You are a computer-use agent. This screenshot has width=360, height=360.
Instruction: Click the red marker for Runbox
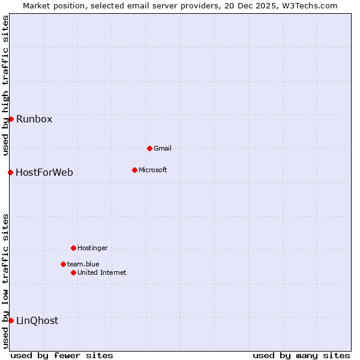point(11,119)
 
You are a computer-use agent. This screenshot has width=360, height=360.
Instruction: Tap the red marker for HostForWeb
point(10,173)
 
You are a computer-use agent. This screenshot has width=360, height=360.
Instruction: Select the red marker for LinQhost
point(11,320)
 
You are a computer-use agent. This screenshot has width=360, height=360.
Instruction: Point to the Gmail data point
point(149,148)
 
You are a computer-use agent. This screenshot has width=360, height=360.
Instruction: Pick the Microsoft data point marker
point(134,170)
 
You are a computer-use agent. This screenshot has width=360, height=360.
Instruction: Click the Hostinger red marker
point(73,248)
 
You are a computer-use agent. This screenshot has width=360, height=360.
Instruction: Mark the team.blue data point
point(63,264)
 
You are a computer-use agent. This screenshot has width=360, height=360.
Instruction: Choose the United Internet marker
point(73,272)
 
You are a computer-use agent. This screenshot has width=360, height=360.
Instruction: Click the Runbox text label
point(34,119)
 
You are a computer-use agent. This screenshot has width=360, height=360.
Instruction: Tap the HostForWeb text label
point(44,173)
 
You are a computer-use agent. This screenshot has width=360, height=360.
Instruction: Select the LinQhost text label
point(37,320)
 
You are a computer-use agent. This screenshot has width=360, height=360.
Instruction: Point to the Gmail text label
point(163,148)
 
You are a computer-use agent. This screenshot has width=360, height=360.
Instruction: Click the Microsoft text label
point(153,170)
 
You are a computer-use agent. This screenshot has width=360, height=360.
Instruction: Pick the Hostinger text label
point(93,248)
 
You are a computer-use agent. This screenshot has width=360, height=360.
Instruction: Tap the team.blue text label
point(83,264)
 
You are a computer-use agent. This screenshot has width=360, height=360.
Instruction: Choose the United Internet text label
point(102,272)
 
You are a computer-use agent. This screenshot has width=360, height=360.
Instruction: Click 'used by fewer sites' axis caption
point(62,355)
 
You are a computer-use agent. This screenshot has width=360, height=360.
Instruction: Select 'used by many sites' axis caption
point(301,355)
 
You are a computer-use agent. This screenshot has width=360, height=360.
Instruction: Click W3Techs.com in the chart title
point(310,5)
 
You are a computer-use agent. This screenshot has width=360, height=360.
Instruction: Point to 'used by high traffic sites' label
point(6,86)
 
